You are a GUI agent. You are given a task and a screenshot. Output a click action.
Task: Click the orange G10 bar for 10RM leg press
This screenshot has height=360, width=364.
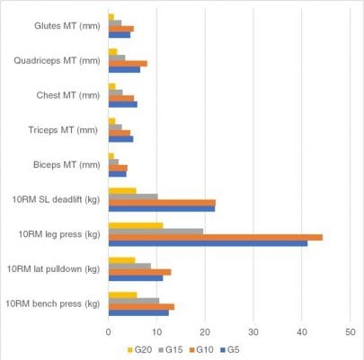pyautogui.click(x=215, y=237)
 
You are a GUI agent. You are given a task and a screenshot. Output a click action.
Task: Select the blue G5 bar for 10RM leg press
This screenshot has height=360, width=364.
pyautogui.click(x=208, y=243)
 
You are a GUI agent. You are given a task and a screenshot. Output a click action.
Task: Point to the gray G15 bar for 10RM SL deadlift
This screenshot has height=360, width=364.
pyautogui.click(x=133, y=196)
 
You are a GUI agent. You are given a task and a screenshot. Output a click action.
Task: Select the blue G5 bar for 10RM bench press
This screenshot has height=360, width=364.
pyautogui.click(x=138, y=312)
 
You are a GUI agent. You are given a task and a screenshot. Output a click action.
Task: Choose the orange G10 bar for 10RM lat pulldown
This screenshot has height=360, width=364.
pyautogui.click(x=139, y=271)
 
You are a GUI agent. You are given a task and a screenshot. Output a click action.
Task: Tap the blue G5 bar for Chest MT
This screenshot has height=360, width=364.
pyautogui.click(x=123, y=103)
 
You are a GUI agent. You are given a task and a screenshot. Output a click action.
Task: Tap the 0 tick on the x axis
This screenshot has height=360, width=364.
pyautogui.click(x=109, y=330)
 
